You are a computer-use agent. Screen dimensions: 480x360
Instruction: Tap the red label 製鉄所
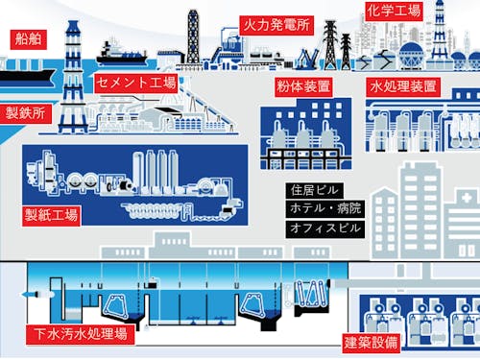pyautogui.click(x=26, y=113)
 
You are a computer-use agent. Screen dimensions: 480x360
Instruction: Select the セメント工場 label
pyautogui.click(x=136, y=83)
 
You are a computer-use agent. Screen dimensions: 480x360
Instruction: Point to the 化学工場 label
pyautogui.click(x=394, y=12)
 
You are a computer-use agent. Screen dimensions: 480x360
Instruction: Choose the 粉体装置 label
pyautogui.click(x=304, y=86)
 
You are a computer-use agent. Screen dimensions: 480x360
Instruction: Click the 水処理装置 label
pyautogui.click(x=403, y=86)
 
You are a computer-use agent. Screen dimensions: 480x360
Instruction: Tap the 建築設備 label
pyautogui.click(x=374, y=342)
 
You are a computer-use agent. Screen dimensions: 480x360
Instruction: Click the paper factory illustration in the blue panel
pyautogui.click(x=134, y=182)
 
